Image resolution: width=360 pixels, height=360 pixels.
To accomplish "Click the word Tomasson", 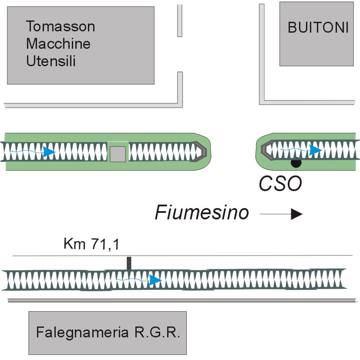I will click(x=61, y=27).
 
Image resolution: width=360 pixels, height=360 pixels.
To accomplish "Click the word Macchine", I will click(x=58, y=44).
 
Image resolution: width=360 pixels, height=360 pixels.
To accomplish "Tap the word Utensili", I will click(x=51, y=61).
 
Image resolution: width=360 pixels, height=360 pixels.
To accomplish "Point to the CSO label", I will click(x=280, y=184).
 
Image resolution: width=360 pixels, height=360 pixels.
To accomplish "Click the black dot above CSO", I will click(x=296, y=163).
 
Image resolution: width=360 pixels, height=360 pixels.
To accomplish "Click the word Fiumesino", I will click(x=202, y=213).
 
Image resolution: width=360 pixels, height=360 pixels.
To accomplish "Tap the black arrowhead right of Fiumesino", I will click(x=296, y=214).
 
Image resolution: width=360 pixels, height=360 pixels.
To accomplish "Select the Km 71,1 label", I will click(x=91, y=244).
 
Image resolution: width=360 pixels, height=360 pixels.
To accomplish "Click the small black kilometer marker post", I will click(x=128, y=263).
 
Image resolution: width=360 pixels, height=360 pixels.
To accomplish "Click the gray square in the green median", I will click(x=118, y=154).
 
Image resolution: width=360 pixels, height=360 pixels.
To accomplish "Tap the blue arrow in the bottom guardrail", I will click(x=155, y=280).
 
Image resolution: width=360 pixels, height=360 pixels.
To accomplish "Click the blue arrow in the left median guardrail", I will click(x=47, y=152).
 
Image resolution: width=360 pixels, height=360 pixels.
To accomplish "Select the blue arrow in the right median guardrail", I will click(x=315, y=150).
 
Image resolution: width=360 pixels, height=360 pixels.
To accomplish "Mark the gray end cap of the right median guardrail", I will click(x=266, y=150).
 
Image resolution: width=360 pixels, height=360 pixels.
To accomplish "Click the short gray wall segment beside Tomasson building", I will click(x=179, y=20).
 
